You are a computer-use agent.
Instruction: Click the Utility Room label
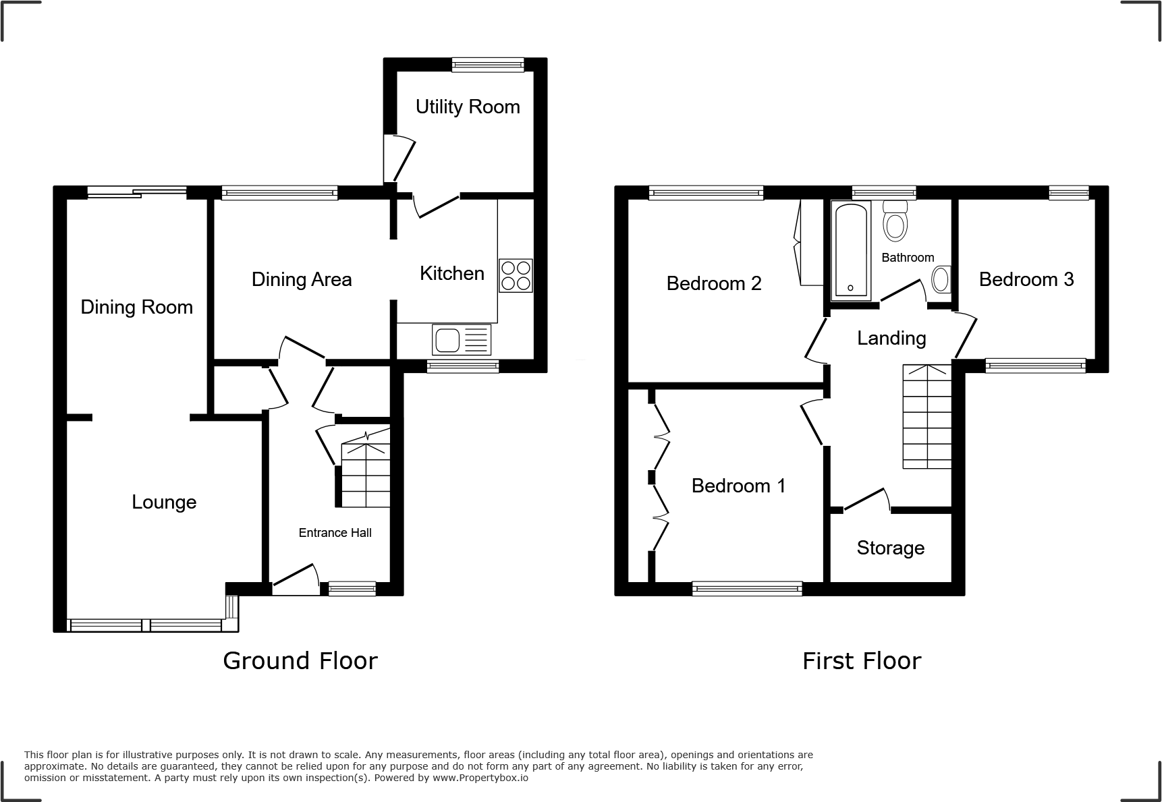468,107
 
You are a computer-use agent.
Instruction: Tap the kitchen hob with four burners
516,275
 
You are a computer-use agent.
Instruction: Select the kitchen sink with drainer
462,340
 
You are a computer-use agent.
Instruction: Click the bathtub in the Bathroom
850,250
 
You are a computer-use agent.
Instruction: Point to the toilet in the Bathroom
895,221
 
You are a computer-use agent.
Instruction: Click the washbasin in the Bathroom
941,279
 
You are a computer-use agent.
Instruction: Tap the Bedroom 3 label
1026,279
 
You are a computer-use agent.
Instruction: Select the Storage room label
890,548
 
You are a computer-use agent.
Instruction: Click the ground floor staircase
366,473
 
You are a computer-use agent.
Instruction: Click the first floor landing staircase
927,417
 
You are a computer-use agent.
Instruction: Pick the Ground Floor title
300,660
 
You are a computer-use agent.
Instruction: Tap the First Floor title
861,660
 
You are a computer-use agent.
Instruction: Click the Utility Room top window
488,65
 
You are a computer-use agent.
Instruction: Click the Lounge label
164,502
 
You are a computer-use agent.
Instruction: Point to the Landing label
891,338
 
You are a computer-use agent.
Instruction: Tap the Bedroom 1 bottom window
748,589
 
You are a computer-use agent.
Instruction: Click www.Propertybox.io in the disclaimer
480,778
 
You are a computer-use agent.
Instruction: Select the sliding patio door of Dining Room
136,193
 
